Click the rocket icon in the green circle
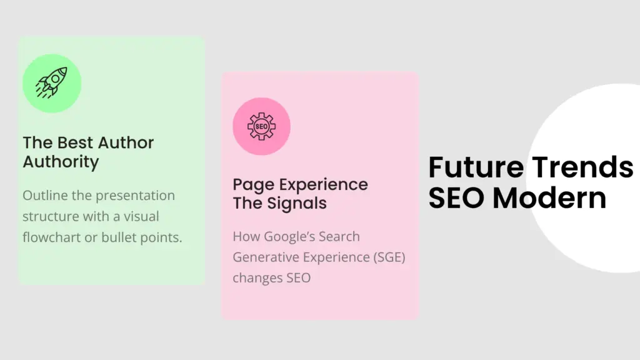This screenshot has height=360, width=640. pyautogui.click(x=51, y=83)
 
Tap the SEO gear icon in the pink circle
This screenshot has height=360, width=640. pyautogui.click(x=262, y=126)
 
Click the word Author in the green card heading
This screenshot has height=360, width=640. pyautogui.click(x=126, y=143)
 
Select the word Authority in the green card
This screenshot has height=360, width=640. pyautogui.click(x=61, y=162)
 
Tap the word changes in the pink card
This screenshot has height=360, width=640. pyautogui.click(x=257, y=278)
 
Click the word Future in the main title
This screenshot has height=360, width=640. pyautogui.click(x=476, y=167)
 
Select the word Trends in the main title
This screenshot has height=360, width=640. pyautogui.click(x=583, y=167)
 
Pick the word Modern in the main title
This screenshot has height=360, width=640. pyautogui.click(x=549, y=198)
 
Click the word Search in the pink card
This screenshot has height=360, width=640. pyautogui.click(x=339, y=237)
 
